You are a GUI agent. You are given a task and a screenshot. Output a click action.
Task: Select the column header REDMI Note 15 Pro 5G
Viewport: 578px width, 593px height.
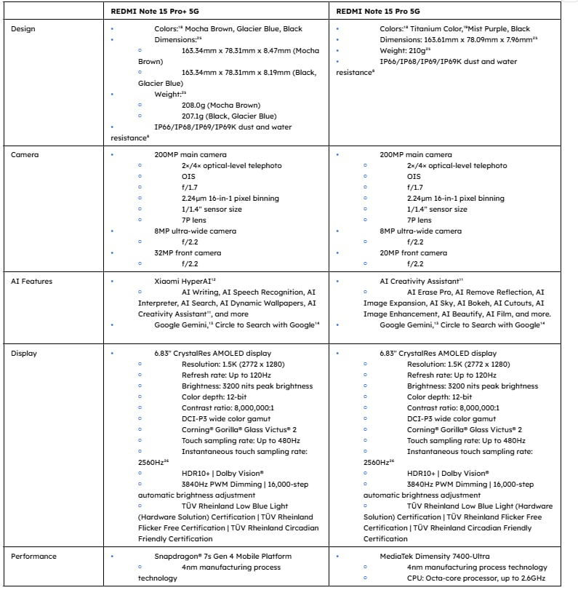pos(377,11)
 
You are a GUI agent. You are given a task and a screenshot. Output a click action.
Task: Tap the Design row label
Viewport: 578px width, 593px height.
pos(23,29)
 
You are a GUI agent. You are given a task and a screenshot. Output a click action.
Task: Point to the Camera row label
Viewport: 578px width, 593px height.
pos(25,155)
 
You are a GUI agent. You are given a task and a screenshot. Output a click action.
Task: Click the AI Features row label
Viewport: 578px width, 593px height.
pos(32,281)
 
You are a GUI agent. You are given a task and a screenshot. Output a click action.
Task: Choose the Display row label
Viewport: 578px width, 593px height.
pos(24,354)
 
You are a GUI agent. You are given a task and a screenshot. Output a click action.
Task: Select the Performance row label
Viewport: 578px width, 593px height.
pos(33,557)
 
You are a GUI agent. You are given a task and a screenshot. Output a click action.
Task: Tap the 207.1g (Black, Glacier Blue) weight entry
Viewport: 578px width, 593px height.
pos(219,116)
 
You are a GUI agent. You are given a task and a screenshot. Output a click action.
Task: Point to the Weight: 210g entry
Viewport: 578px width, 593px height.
pos(404,51)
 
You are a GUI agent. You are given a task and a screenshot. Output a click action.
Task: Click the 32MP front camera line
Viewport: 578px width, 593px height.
pos(188,253)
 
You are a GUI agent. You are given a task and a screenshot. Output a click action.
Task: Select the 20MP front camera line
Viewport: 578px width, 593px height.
pos(413,253)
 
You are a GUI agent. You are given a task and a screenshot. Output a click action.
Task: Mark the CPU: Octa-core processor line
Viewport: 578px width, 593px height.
pos(475,578)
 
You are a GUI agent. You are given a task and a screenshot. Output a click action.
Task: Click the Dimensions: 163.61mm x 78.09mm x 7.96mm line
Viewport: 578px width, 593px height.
pos(457,40)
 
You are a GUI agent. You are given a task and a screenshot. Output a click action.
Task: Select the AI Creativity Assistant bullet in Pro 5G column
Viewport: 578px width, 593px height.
pos(421,281)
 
